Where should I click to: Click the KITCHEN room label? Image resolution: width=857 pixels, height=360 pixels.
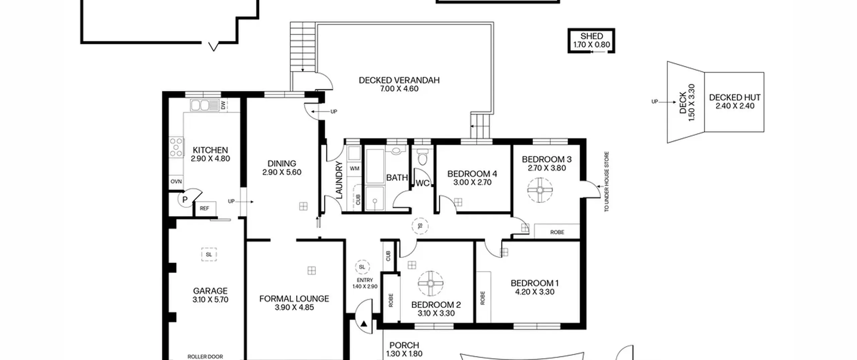click(210, 150)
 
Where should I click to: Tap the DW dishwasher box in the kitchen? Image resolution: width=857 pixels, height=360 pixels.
click(223, 105)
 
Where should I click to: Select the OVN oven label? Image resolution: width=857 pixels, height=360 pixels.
click(176, 182)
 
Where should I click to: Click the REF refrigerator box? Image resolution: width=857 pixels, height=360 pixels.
click(205, 208)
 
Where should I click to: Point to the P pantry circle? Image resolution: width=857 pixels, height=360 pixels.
click(184, 200)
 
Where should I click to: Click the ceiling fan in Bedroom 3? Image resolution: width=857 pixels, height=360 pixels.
click(540, 190)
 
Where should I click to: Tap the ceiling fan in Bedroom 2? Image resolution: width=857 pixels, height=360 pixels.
click(431, 283)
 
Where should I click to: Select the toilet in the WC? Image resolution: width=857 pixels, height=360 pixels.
click(423, 157)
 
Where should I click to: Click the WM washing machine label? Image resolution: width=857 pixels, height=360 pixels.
click(355, 168)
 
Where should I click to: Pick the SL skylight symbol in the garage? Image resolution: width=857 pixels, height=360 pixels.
click(209, 255)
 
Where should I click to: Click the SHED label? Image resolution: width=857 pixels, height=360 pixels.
click(592, 36)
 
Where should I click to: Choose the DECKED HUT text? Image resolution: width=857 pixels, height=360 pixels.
click(734, 97)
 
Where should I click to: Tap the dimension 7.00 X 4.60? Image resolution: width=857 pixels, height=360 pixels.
click(399, 89)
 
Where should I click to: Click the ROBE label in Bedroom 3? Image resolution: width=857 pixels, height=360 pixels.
click(557, 232)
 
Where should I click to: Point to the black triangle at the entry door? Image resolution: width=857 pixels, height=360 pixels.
click(364, 324)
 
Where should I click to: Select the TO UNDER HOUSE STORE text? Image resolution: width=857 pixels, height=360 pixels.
click(606, 182)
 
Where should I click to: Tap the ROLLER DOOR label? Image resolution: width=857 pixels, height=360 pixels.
click(205, 357)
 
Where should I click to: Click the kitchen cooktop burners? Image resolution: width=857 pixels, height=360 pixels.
click(176, 147)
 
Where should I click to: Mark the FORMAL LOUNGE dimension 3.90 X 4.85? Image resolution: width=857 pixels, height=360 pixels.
click(294, 307)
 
